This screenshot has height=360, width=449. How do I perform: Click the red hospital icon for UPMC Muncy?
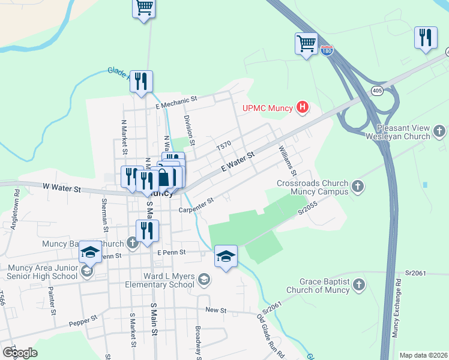pyautogui.click(x=303, y=108)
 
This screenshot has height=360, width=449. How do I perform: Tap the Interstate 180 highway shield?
pyautogui.click(x=327, y=52)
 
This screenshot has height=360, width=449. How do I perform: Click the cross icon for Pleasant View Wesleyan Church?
pyautogui.click(x=439, y=130)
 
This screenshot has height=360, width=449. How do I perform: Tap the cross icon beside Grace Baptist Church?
pyautogui.click(x=359, y=284)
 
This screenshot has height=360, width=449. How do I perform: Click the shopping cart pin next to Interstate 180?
pyautogui.click(x=306, y=44)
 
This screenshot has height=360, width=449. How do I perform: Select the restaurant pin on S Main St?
pyautogui.click(x=147, y=230)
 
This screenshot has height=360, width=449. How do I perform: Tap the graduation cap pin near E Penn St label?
pyautogui.click(x=226, y=256)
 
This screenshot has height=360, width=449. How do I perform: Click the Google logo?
pyautogui.click(x=20, y=352)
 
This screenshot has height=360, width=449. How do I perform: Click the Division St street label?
pyautogui.click(x=188, y=130)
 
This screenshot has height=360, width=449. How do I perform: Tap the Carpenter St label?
pyautogui.click(x=196, y=205)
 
